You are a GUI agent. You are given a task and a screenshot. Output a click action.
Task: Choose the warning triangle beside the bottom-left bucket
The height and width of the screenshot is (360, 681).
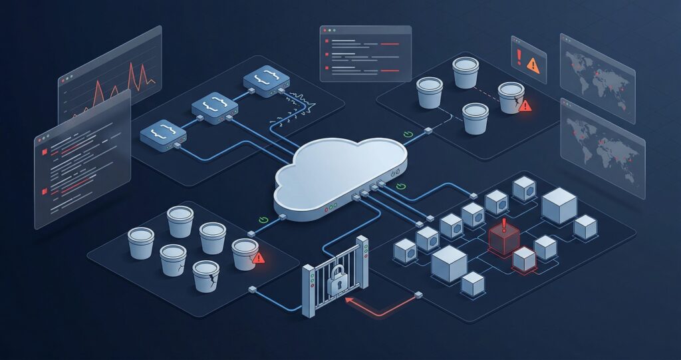259,257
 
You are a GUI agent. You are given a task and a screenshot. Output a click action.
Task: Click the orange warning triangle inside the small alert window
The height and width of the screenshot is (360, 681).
533,65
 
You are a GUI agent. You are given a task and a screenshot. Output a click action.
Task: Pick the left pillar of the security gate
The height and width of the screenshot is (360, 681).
309,290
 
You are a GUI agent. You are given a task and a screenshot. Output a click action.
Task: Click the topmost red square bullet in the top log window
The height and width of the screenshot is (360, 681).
327,41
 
